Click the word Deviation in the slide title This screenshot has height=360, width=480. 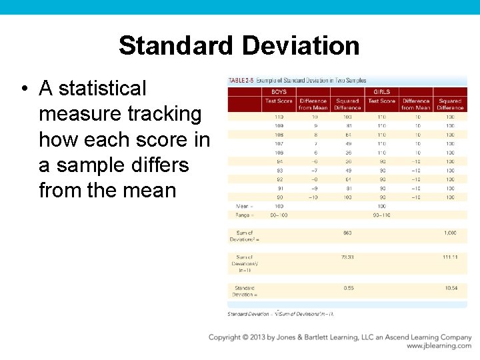[301, 46]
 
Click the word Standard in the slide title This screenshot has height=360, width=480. [176, 46]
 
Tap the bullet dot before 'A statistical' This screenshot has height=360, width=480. [23, 89]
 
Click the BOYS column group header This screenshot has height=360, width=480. [279, 92]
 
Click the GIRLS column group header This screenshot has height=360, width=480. [382, 92]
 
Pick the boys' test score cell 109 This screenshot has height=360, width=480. [279, 125]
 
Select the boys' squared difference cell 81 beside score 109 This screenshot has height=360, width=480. [347, 125]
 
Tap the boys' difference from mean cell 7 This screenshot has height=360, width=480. [313, 143]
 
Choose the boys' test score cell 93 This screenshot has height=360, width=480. [279, 170]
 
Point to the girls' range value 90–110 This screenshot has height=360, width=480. [382, 215]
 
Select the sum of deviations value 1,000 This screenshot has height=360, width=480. [450, 232]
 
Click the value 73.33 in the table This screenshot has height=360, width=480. [347, 257]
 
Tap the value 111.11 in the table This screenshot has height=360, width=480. [450, 257]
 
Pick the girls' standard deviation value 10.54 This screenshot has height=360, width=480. [450, 288]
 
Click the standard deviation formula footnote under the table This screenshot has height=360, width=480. [281, 313]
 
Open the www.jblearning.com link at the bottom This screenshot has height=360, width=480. [439, 346]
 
